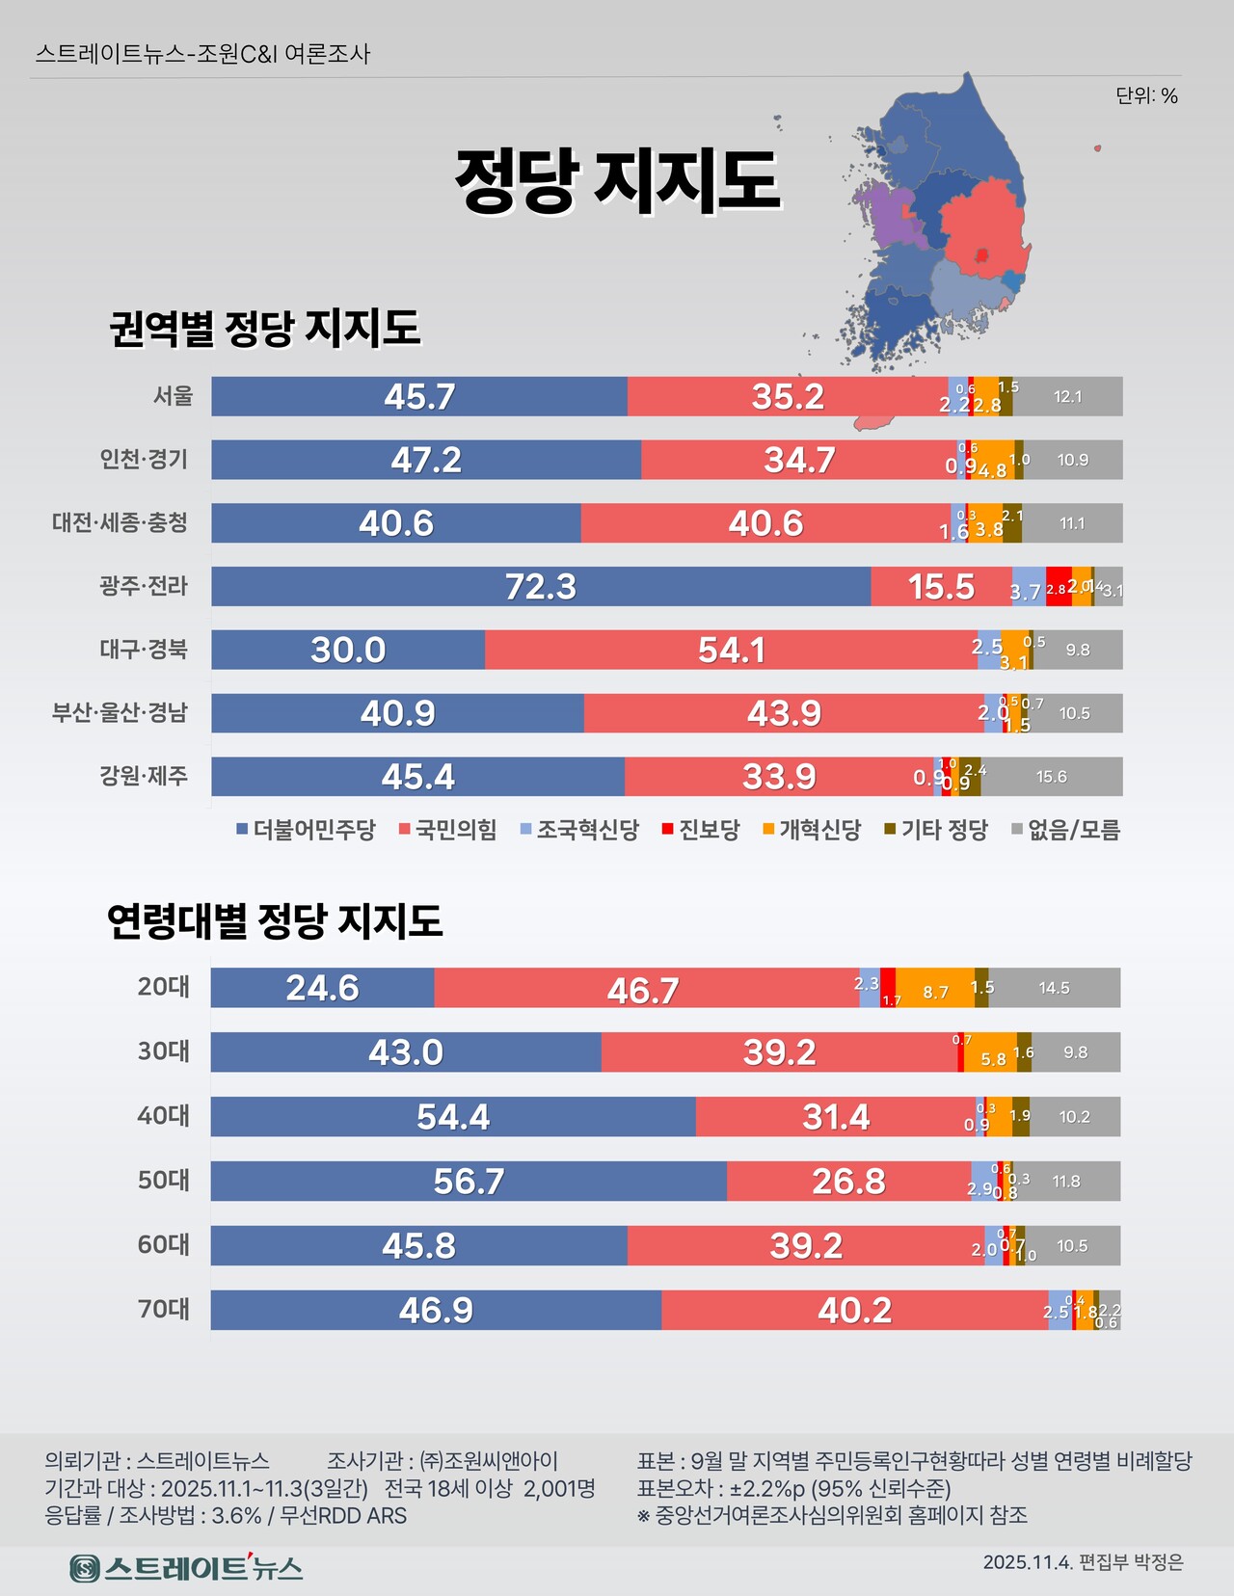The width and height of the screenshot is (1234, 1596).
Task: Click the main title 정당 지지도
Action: point(617,180)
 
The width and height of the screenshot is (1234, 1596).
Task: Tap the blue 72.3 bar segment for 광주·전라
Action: point(540,586)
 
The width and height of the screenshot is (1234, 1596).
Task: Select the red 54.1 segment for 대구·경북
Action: point(731,650)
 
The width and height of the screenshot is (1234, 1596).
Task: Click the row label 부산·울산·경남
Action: point(120,712)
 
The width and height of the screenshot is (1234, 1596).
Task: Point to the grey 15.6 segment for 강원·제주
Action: point(1051,777)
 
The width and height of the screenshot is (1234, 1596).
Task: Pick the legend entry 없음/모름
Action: point(1065,830)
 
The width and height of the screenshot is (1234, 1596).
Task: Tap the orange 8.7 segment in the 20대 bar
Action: point(935,989)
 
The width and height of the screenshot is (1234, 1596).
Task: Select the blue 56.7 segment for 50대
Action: point(469,1181)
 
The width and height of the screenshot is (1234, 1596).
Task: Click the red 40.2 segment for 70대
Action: point(854,1310)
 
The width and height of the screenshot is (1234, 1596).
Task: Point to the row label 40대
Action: point(163,1115)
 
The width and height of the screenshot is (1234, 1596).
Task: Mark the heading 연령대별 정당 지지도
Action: point(275,920)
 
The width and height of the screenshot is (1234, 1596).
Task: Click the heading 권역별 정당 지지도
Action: point(264,328)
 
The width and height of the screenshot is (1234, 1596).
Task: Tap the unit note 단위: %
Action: point(1146,95)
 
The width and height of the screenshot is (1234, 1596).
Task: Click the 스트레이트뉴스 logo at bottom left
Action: point(186,1567)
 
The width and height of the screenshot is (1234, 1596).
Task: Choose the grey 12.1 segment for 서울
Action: point(1067,396)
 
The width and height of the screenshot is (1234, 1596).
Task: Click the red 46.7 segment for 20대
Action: point(643,989)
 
